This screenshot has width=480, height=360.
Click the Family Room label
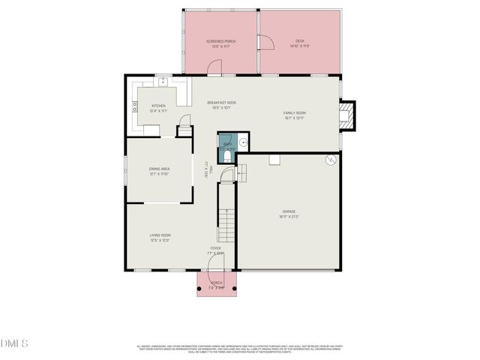point(294,115)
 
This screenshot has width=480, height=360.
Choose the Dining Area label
point(159,171)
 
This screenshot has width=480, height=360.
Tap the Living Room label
point(160,238)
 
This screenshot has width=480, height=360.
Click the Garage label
point(289,214)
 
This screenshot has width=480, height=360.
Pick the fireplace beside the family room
point(347,115)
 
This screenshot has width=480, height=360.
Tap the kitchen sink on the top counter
point(163,79)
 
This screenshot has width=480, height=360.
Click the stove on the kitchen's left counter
point(135,109)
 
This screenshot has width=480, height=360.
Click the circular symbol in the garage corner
point(330,160)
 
